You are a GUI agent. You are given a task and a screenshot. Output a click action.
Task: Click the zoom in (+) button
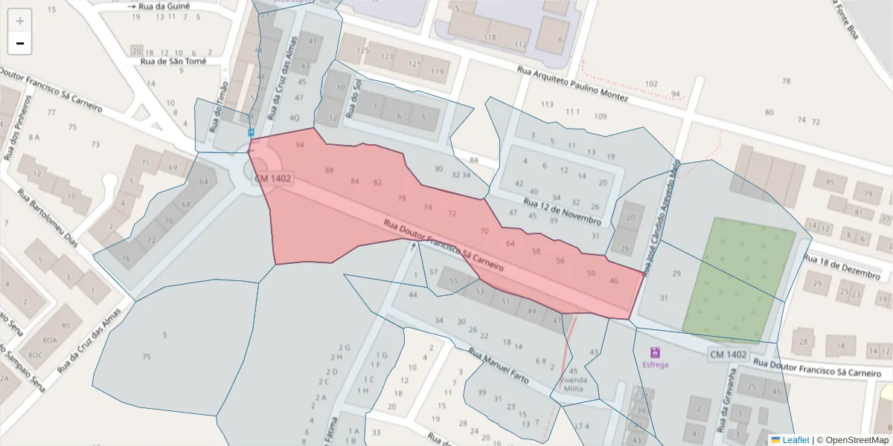20,21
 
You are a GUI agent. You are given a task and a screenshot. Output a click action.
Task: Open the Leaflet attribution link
795,440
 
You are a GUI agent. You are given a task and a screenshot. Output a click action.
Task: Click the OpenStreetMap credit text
853,440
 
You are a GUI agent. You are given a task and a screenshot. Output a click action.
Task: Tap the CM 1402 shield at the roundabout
273,178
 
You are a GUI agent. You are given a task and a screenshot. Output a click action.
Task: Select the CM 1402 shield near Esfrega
728,355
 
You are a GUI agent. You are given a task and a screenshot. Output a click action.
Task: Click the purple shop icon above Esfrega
655,352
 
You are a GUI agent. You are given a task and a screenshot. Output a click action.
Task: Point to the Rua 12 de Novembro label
562,211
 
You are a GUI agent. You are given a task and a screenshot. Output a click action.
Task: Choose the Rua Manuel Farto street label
499,366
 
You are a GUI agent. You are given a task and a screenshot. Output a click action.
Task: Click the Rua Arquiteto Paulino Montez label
573,83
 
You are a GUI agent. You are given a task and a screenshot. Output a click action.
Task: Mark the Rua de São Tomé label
173,62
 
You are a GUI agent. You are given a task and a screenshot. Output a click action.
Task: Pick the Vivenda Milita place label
574,384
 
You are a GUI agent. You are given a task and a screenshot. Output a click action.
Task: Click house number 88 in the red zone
329,170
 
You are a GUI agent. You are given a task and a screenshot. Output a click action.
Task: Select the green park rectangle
739,277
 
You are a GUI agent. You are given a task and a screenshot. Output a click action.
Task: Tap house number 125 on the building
363,51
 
